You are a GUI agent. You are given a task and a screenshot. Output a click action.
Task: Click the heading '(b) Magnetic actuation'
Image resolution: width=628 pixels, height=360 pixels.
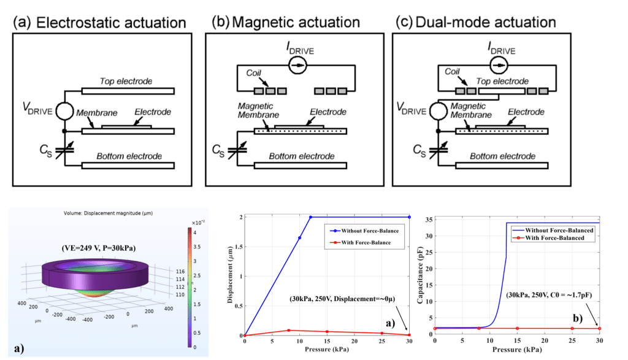click(285, 23)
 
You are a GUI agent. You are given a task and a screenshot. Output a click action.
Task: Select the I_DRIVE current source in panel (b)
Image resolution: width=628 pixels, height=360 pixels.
click(300, 64)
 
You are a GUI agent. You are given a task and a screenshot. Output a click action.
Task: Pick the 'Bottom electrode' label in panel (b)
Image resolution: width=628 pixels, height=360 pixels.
click(302, 156)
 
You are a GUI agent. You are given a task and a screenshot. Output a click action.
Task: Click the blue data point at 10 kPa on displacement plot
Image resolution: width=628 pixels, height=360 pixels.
click(299, 238)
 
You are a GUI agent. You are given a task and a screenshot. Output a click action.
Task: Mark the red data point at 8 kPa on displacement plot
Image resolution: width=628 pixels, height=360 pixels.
click(288, 331)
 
